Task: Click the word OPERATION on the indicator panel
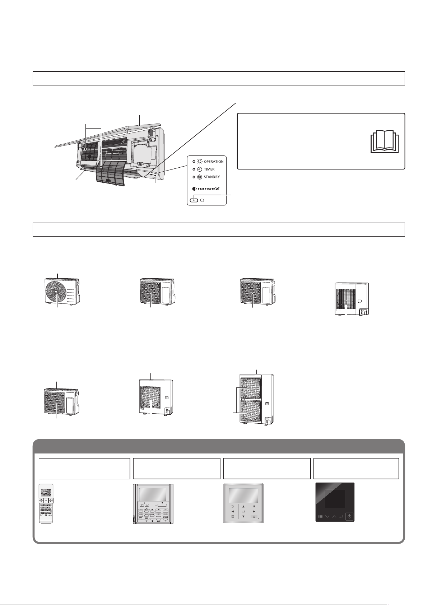coord(214,162)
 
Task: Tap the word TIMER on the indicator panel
coord(209,169)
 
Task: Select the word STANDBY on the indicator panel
coord(212,177)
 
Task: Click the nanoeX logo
coord(206,189)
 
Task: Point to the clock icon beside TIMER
coord(200,169)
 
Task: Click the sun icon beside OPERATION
coord(200,162)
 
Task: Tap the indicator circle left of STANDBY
coord(194,177)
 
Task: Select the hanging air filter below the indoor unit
coord(111,173)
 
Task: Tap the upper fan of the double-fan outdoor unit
coord(251,388)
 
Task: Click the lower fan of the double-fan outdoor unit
coord(251,411)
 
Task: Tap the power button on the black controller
coord(349,517)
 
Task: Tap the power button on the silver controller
coord(254,517)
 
